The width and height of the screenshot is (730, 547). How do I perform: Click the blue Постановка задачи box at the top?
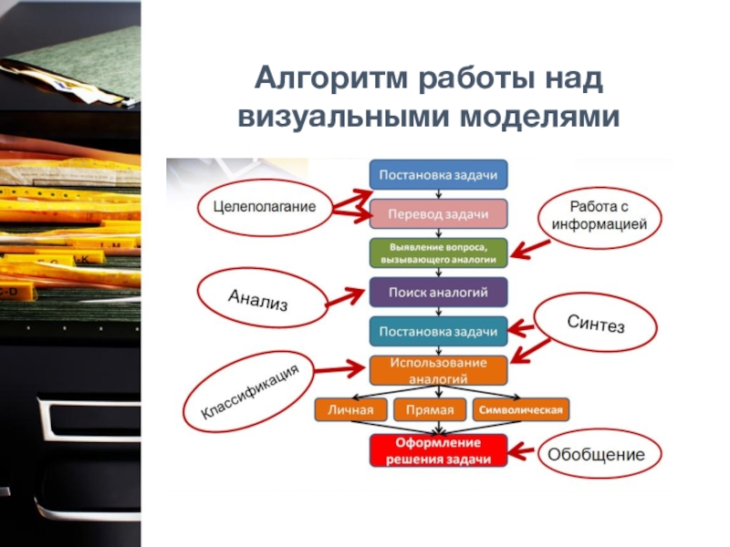438,174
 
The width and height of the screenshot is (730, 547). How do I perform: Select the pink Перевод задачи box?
438,213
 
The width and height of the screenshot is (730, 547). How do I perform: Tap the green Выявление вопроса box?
438,253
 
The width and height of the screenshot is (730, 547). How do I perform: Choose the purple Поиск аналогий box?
438,292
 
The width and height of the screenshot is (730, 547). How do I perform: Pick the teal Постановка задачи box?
438,330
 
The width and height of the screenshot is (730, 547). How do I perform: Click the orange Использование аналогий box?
438,369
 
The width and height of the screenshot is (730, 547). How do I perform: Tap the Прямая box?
429,409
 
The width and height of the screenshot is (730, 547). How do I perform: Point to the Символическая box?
520,409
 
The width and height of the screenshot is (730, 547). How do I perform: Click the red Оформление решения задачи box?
438,450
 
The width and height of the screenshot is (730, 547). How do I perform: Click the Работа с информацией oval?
600,215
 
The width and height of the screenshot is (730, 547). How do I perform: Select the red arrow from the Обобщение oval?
521,450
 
